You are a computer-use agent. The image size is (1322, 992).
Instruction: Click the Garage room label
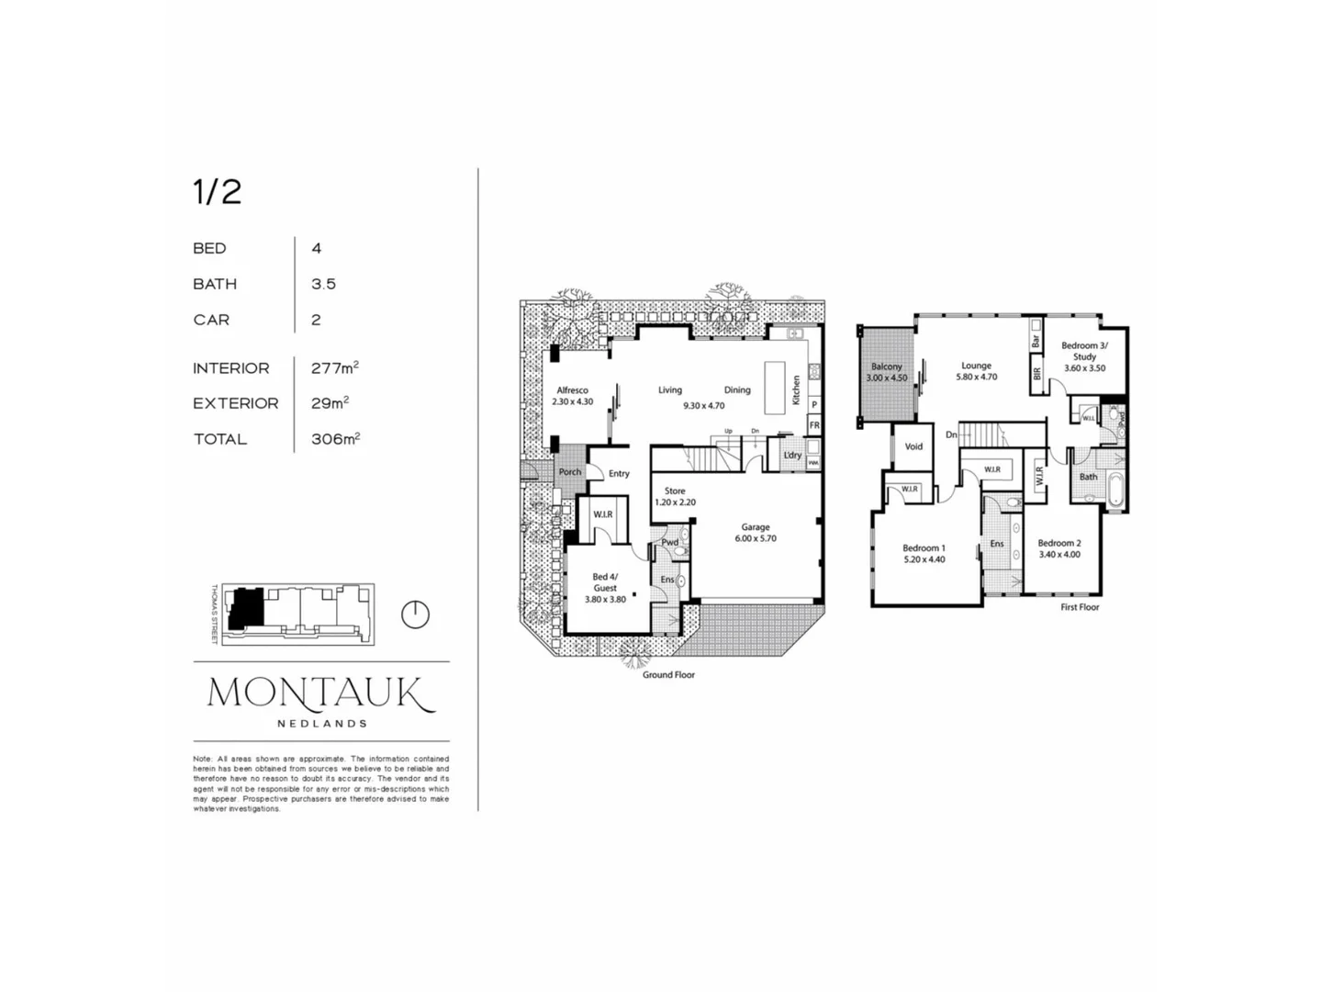click(x=755, y=527)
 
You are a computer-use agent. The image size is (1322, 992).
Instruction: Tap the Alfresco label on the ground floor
click(x=572, y=390)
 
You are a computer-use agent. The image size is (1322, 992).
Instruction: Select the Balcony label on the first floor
click(x=886, y=366)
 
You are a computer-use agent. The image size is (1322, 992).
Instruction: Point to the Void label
click(x=913, y=446)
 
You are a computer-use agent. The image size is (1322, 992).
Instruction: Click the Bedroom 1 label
click(x=924, y=548)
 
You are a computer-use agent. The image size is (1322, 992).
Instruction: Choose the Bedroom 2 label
click(x=1059, y=543)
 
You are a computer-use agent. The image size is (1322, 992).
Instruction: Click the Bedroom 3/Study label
click(x=1084, y=351)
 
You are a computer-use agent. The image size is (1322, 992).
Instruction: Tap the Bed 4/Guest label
click(x=605, y=582)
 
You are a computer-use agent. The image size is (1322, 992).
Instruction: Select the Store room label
click(x=675, y=491)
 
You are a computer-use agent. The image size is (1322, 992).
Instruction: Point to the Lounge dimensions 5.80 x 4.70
click(x=976, y=378)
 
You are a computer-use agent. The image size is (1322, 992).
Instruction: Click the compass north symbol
click(x=416, y=614)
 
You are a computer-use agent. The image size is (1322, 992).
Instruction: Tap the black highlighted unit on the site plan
click(x=246, y=607)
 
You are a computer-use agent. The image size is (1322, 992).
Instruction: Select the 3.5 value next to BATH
click(x=323, y=284)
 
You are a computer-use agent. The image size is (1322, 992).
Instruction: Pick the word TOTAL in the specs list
click(x=219, y=439)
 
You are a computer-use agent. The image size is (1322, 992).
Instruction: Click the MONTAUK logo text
click(x=320, y=693)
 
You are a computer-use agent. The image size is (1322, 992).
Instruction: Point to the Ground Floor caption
click(x=668, y=675)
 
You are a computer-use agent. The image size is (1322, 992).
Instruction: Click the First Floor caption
click(x=1080, y=607)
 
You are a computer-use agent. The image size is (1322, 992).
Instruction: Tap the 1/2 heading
click(x=217, y=192)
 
